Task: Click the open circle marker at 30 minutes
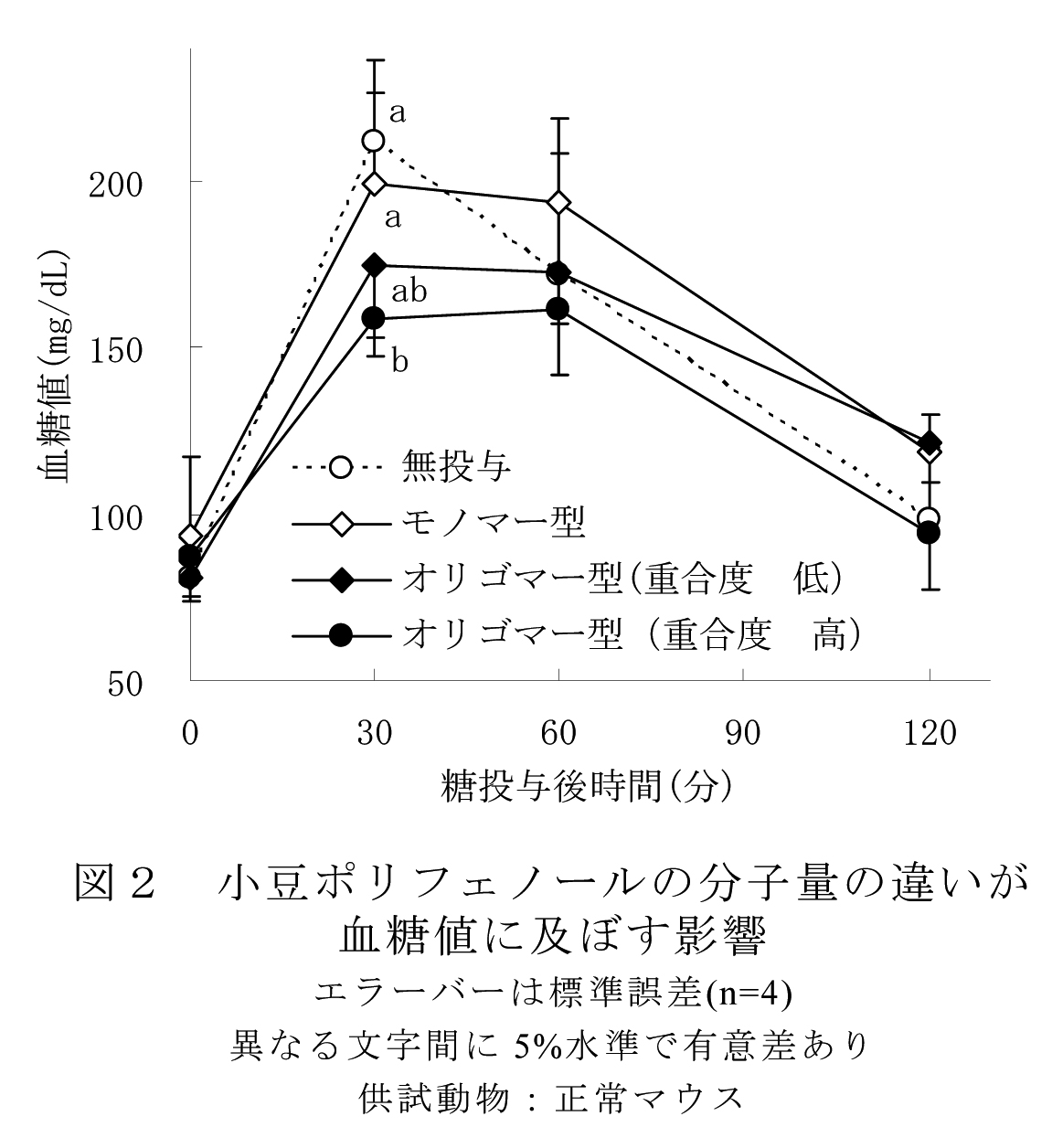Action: [373, 140]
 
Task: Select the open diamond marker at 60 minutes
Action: [559, 202]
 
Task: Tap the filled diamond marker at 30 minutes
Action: [374, 265]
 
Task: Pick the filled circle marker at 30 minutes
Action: [374, 318]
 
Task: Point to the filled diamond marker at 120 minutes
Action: [930, 442]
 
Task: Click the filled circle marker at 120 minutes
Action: [929, 532]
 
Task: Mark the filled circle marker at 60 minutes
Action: [558, 309]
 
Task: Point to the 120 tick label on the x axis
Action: [929, 734]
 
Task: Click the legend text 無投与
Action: [454, 467]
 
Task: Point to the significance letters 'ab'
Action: [409, 292]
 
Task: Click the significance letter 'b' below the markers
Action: [400, 360]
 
